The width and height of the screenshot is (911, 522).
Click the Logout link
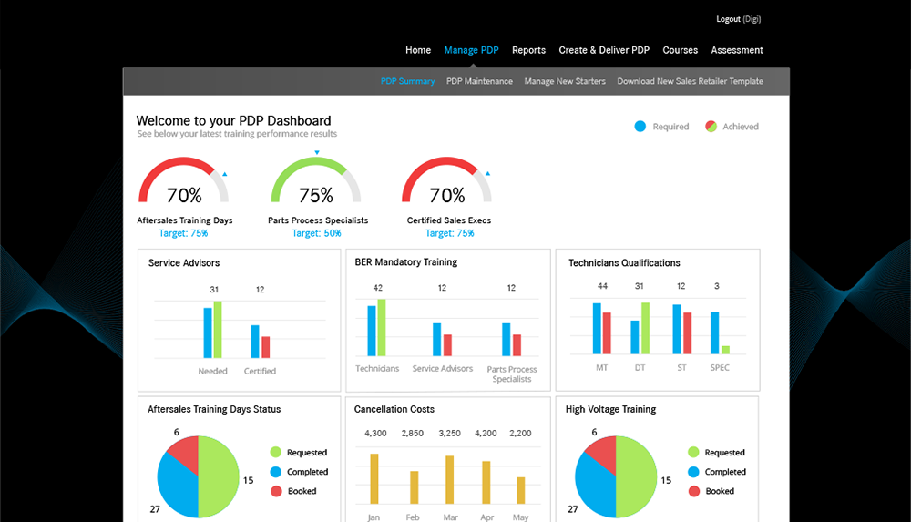coord(728,19)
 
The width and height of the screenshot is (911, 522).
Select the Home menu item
coord(418,50)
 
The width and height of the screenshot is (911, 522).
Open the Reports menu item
coord(528,50)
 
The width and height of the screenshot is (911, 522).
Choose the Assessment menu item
coord(737,50)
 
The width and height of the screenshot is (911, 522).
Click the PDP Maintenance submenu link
coord(479,81)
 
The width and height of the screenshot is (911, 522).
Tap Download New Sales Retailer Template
coord(690,81)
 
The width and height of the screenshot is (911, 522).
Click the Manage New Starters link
coord(565,81)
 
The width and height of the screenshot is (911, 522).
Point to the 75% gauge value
coord(316,195)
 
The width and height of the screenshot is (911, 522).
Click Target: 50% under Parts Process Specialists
coord(317,233)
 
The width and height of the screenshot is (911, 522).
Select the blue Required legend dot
coord(640,127)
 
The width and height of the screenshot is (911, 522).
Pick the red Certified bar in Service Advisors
coord(265,347)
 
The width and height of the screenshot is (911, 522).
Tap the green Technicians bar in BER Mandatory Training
coord(382,327)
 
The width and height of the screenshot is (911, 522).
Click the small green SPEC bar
coord(725,349)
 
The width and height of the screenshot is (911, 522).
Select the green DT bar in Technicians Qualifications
coord(645,328)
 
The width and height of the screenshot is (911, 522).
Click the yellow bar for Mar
coord(449,479)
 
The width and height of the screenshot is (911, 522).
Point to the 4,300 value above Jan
coord(376,433)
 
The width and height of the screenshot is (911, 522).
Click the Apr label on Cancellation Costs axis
coord(486,517)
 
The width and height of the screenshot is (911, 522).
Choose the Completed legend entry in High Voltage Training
coord(724,472)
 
